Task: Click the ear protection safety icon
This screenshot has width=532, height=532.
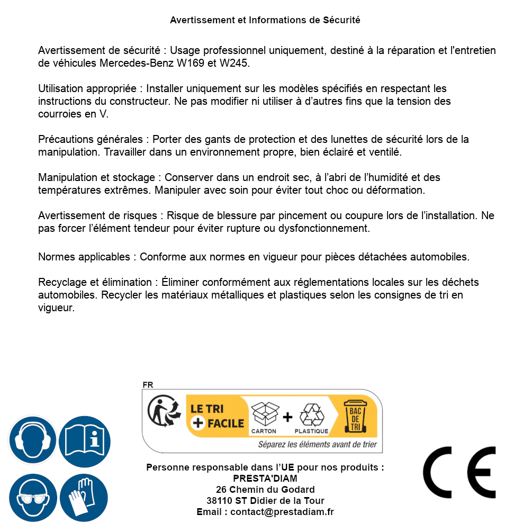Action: coord(33,440)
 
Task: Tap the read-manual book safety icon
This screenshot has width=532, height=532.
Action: coord(85,440)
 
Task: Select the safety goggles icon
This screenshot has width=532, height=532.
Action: coord(33,498)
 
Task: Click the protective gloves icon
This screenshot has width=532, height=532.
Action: coord(85,498)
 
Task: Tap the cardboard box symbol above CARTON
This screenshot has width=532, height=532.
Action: coord(264,414)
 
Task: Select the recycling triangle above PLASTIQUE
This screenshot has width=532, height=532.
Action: coord(311,415)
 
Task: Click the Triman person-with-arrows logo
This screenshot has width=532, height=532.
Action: coord(160,412)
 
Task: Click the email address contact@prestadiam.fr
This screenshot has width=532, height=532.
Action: coord(282,512)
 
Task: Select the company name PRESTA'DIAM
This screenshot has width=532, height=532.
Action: coord(265,479)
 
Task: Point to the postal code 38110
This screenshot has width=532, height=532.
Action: coord(219,500)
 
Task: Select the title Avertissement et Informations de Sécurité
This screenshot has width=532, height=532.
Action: coord(265,20)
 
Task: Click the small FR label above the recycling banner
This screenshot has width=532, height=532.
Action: coord(148,385)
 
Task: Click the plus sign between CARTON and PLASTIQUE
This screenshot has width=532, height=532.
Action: coord(287,417)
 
